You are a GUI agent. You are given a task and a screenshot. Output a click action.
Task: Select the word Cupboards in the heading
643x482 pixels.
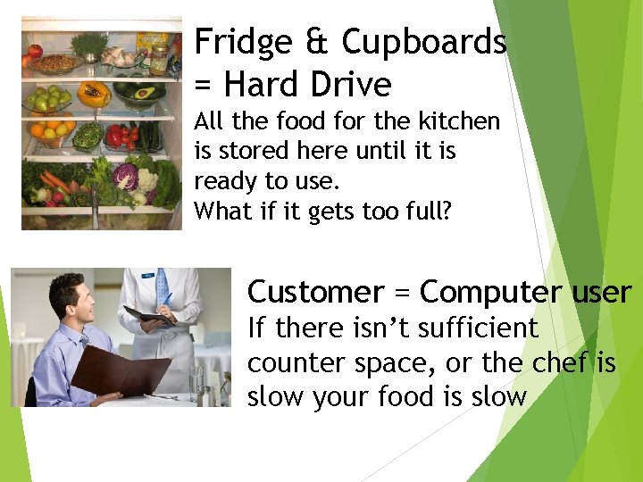424,42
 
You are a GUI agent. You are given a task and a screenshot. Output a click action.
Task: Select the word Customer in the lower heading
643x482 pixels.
314,292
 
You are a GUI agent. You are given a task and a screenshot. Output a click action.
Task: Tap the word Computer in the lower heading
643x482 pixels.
489,293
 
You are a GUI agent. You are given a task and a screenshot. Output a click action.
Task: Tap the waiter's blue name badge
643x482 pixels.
146,278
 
